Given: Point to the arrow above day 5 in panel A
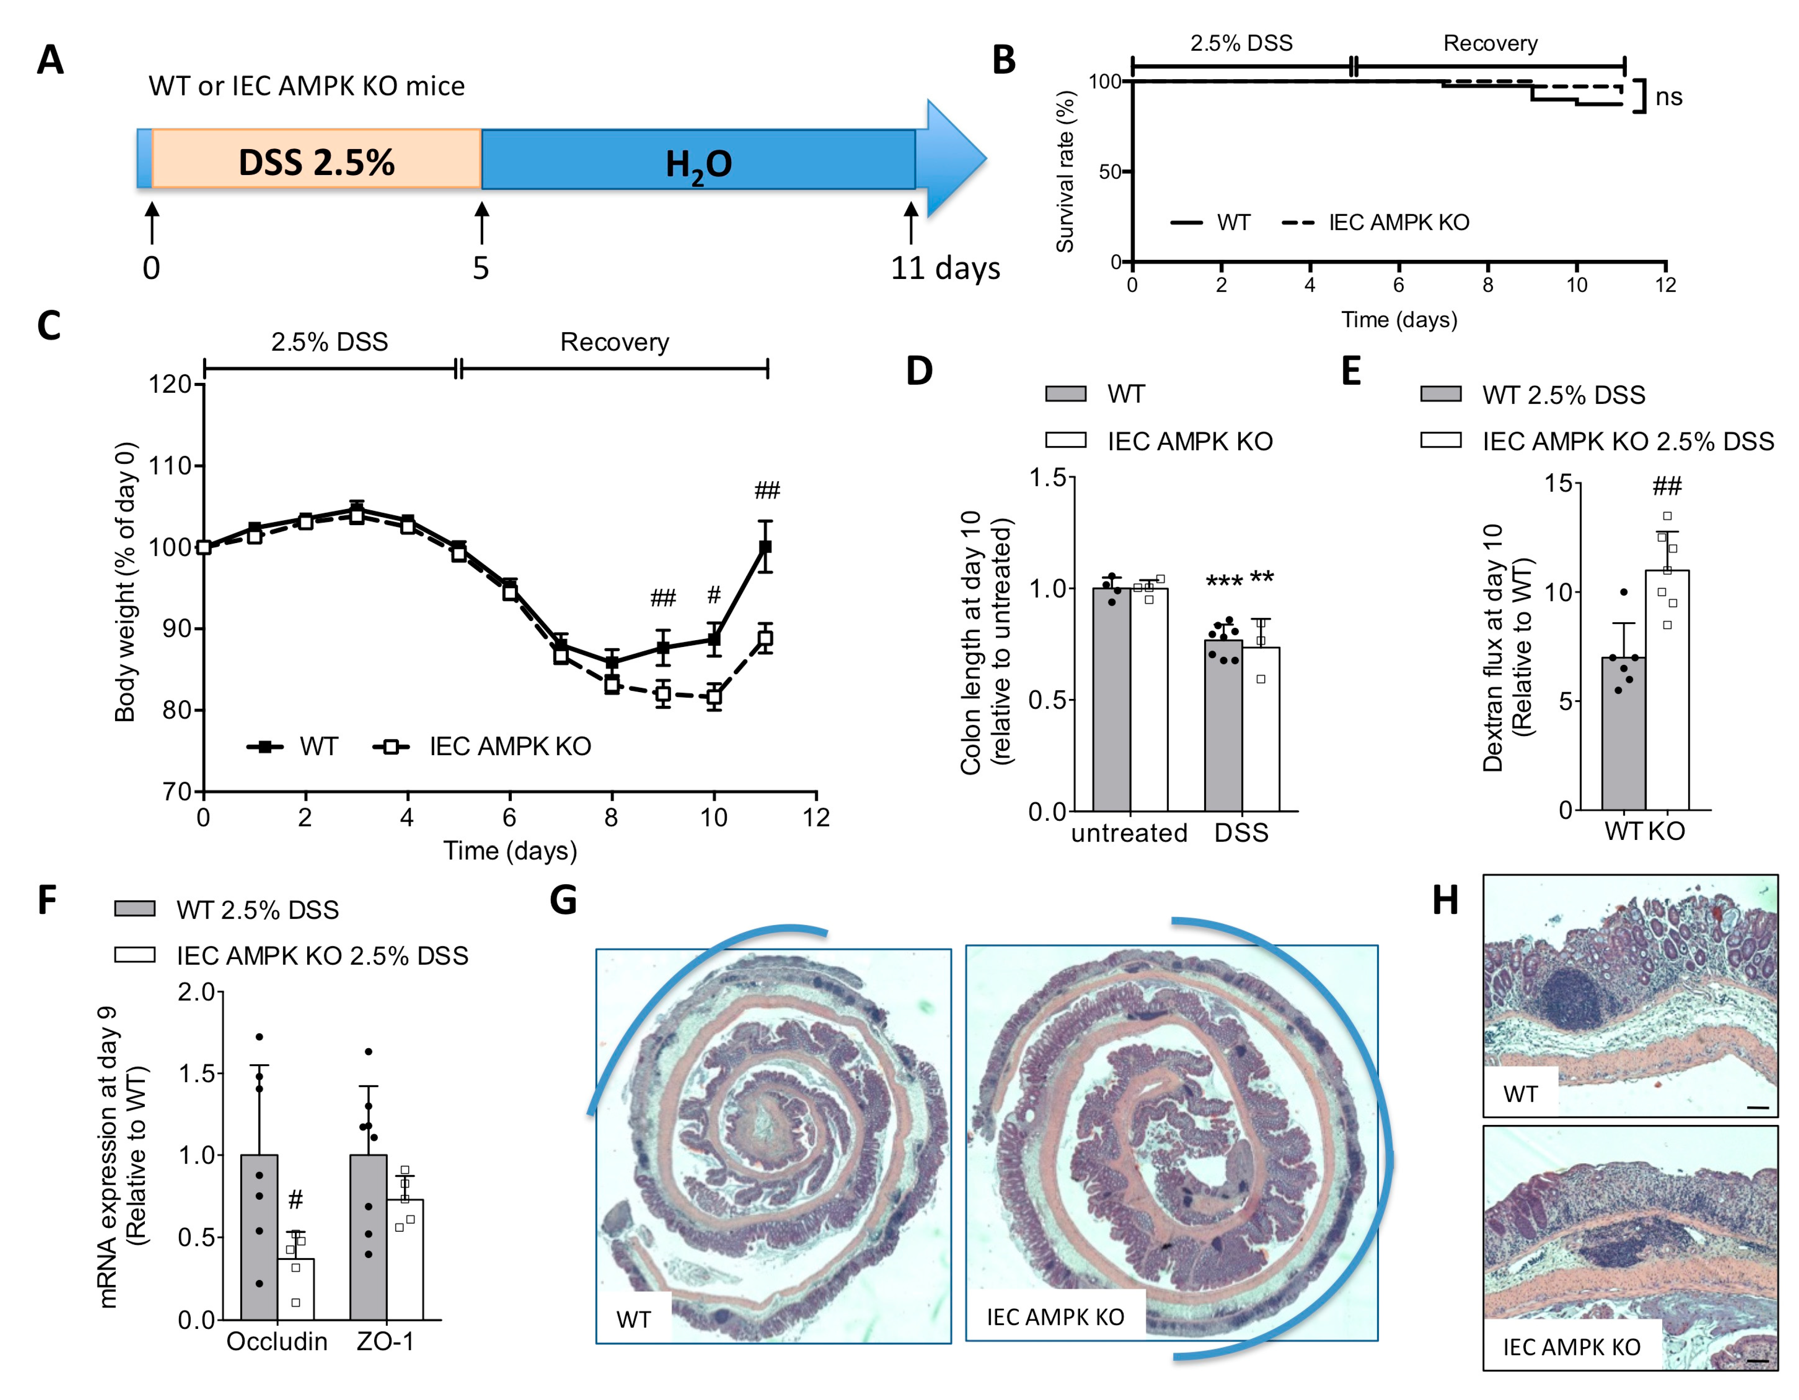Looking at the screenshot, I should [x=482, y=222].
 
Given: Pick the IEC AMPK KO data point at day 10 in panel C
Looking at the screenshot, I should [x=714, y=697].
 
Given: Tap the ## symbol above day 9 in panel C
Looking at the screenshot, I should [x=663, y=597].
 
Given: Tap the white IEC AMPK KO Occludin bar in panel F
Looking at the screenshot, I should [x=296, y=1289].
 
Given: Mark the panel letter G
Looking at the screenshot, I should [x=563, y=900].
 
